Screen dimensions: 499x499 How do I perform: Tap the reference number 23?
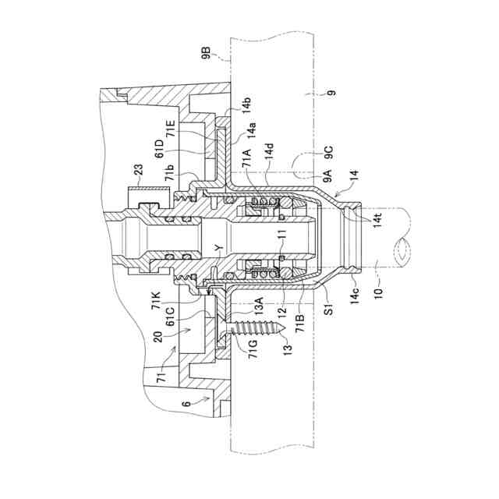pyautogui.click(x=138, y=170)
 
